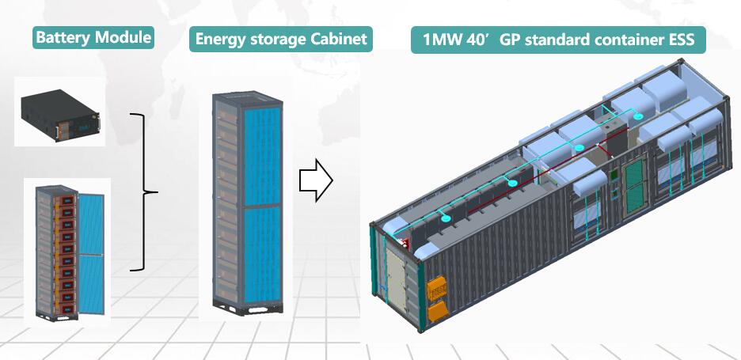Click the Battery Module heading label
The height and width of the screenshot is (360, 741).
(93, 37)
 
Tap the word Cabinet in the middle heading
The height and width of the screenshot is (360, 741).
(339, 39)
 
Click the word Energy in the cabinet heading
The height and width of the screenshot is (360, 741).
(218, 39)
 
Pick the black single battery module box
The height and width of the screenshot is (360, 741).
(59, 112)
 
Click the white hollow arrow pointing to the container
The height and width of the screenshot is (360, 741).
(315, 180)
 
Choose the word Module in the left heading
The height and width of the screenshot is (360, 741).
(123, 37)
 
